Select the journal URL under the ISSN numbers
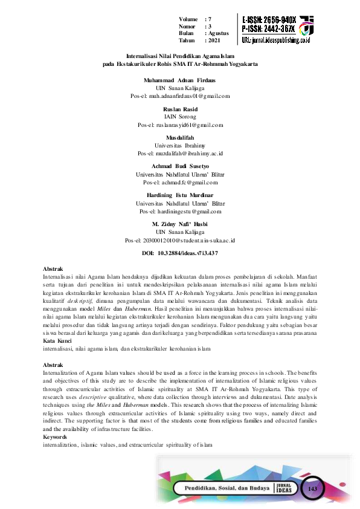click(275, 40)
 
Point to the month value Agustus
click(219, 33)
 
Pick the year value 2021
click(213, 40)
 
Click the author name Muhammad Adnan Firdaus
click(180, 80)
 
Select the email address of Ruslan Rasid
click(181, 125)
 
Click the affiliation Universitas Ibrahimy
click(180, 146)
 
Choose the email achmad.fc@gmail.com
click(180, 182)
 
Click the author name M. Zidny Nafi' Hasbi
click(180, 224)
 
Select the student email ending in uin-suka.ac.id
click(180, 240)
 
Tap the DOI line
click(180, 253)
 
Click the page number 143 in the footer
click(313, 488)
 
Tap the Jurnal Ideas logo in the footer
click(287, 488)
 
